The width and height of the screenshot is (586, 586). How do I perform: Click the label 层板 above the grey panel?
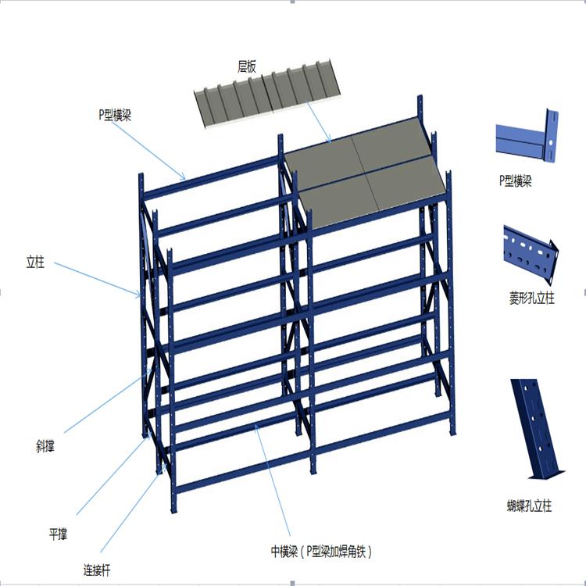tap(247, 67)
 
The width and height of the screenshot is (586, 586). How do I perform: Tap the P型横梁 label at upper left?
tap(115, 115)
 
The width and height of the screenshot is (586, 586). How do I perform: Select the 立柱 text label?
tap(35, 262)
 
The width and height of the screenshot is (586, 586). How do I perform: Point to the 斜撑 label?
tap(45, 446)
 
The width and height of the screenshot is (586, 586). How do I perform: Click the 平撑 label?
tap(58, 534)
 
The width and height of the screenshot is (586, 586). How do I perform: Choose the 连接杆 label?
tap(97, 570)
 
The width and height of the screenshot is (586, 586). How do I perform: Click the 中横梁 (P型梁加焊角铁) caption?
tap(321, 552)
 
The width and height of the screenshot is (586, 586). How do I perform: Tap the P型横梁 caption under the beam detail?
tap(516, 181)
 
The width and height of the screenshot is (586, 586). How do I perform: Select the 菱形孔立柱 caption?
tap(531, 298)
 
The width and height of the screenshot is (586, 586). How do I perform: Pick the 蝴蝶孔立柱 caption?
tap(529, 506)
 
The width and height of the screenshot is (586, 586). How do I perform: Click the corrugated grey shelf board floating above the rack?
tap(268, 94)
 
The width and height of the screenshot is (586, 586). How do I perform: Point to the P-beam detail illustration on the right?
tap(527, 137)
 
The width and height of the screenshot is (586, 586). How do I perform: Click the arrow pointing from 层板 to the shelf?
tap(319, 122)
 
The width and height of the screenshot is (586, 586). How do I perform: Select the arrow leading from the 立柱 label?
tap(98, 280)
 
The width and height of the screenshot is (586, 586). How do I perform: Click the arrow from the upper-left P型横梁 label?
tap(148, 151)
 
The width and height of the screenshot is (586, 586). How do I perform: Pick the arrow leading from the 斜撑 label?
tap(109, 401)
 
